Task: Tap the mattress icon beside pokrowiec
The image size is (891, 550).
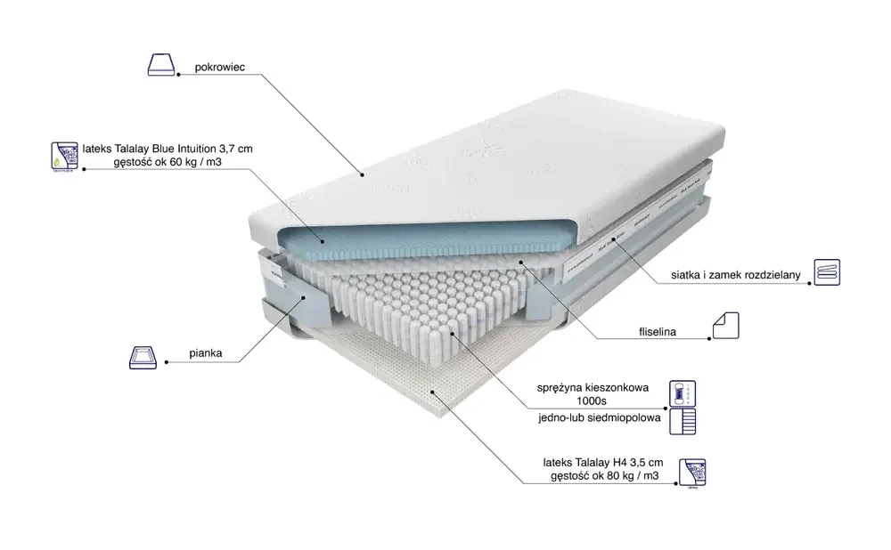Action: (161, 65)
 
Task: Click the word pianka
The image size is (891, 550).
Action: (205, 353)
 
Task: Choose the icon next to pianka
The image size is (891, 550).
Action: (144, 357)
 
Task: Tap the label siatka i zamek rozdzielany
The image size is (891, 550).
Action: (737, 276)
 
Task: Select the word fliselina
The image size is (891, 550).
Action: (658, 333)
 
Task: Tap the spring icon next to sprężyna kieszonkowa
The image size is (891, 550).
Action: (682, 392)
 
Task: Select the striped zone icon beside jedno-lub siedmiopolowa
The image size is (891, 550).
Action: (682, 421)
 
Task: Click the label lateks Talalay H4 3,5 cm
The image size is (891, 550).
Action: (603, 463)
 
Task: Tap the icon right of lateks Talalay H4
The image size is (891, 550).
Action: (692, 473)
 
